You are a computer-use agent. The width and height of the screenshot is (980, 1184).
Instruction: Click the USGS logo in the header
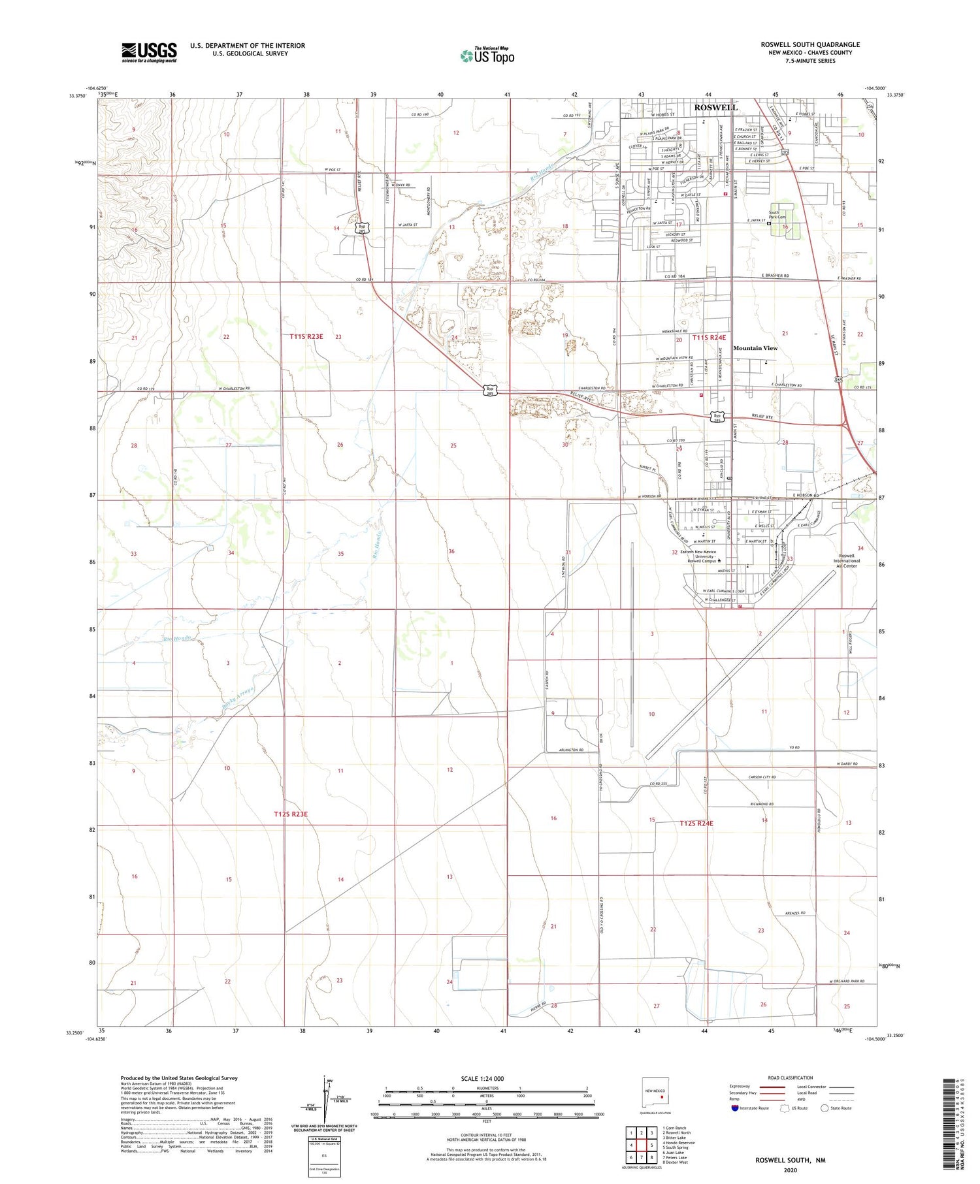pyautogui.click(x=149, y=52)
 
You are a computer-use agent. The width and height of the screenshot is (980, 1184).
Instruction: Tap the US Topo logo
pyautogui.click(x=487, y=56)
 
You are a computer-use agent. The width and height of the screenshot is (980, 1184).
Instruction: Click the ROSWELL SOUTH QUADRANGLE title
pyautogui.click(x=809, y=44)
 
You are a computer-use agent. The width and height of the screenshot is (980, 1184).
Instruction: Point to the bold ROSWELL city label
pyautogui.click(x=715, y=107)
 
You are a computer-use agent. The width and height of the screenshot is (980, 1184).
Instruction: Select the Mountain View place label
pyautogui.click(x=755, y=348)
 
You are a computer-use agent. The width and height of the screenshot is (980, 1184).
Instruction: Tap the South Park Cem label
pyautogui.click(x=774, y=216)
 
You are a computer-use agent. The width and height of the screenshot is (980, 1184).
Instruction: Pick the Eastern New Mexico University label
pyautogui.click(x=698, y=556)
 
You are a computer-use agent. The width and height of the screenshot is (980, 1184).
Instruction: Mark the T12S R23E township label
pyautogui.click(x=290, y=814)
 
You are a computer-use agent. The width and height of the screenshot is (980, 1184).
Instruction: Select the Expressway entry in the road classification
pyautogui.click(x=743, y=1087)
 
